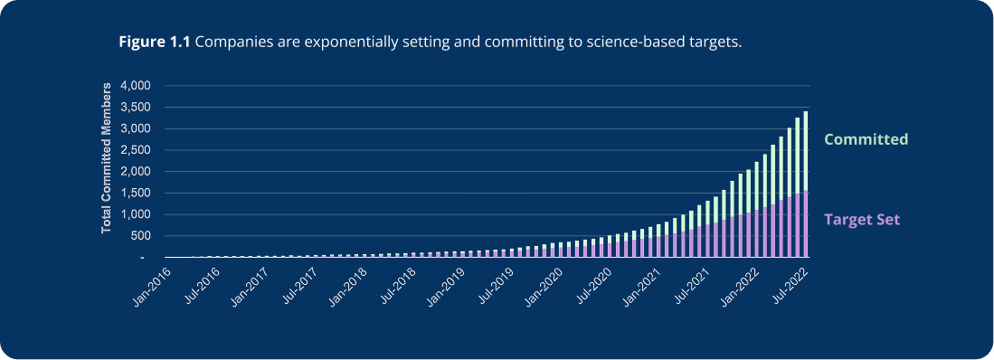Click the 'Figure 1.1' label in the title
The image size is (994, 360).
(155, 43)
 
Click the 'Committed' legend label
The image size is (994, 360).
(865, 139)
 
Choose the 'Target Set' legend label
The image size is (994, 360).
(862, 219)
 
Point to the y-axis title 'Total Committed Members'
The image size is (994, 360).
(106, 156)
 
